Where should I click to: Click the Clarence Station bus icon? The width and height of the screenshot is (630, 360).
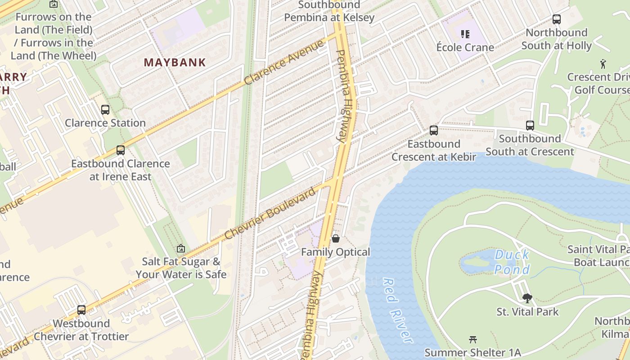pos(105,110)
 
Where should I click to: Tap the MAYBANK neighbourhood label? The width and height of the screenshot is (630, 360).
pos(175,63)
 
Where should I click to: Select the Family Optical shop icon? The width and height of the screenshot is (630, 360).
pos(335,238)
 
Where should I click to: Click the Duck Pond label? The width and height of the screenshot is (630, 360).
pos(512,262)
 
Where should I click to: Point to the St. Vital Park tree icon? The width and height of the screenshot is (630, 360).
pos(527,298)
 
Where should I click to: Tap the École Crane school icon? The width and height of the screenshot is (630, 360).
pos(465,34)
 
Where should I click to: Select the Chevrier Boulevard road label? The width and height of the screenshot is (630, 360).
pos(270,214)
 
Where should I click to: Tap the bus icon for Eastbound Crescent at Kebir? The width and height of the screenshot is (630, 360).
pos(433,130)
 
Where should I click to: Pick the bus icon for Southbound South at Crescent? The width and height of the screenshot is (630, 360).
pos(530,125)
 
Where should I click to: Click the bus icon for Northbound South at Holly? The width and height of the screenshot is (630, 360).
pos(557,19)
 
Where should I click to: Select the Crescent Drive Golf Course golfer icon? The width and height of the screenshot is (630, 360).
pos(603,64)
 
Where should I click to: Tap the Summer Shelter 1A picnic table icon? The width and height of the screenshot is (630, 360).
pos(472,339)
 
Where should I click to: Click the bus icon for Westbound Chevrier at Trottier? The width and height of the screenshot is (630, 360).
pos(81,310)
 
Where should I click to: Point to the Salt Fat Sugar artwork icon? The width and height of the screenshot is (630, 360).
pos(181,248)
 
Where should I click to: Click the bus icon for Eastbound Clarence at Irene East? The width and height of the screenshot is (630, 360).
pos(120,150)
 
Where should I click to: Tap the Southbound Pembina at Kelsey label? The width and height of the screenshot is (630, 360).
pos(329,11)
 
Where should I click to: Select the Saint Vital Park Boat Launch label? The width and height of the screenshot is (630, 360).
pos(598,256)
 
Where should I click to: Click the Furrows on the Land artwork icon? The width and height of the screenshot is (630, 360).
pos(54,4)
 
